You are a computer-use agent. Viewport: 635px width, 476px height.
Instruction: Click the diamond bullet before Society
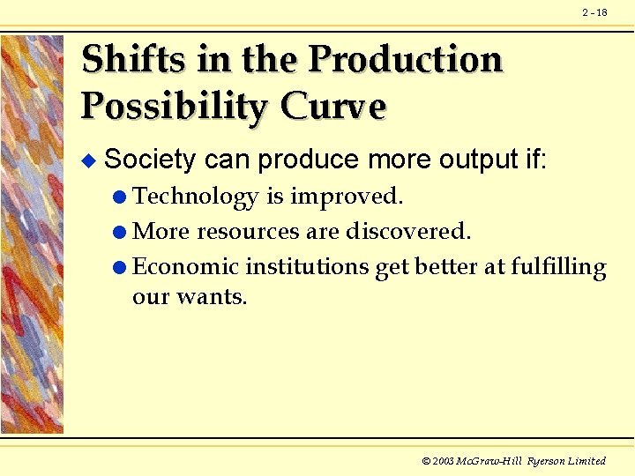[86, 160]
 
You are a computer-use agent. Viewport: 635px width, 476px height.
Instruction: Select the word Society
[150, 160]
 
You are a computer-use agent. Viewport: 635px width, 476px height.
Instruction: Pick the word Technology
[196, 196]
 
